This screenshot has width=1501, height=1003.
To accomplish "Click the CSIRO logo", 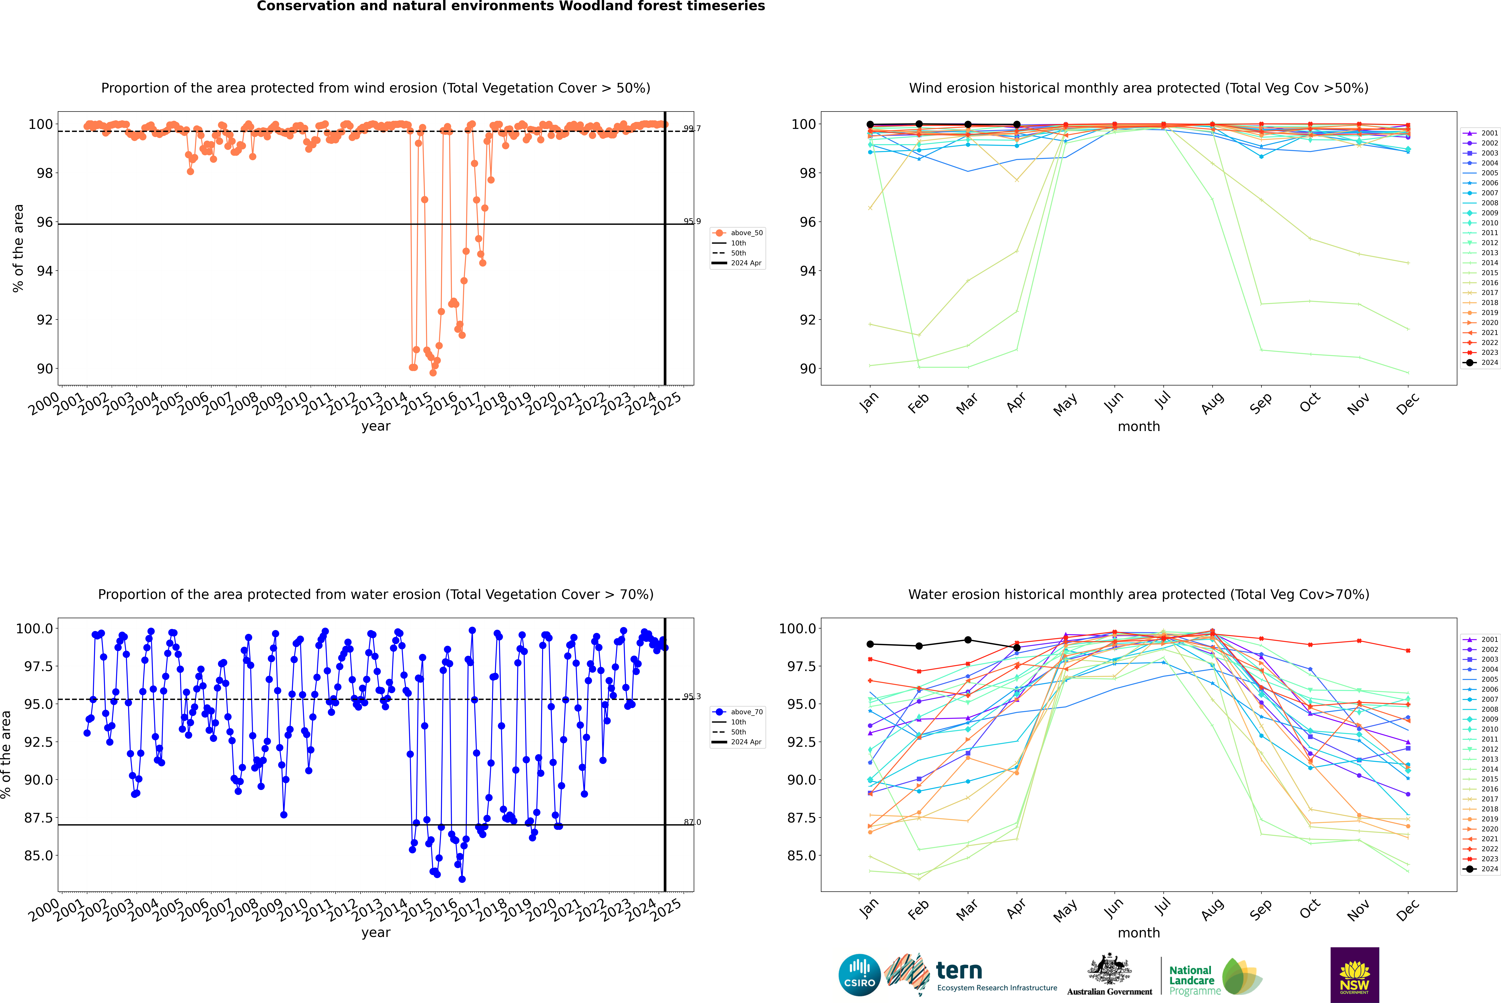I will coord(859,975).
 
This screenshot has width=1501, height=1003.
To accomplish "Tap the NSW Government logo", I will coord(1354,975).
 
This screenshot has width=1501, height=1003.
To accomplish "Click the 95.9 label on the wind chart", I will coord(692,221).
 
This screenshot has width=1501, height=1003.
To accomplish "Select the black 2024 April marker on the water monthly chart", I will coord(1017,647).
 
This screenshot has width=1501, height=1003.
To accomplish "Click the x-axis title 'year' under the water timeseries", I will coord(376,933).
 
